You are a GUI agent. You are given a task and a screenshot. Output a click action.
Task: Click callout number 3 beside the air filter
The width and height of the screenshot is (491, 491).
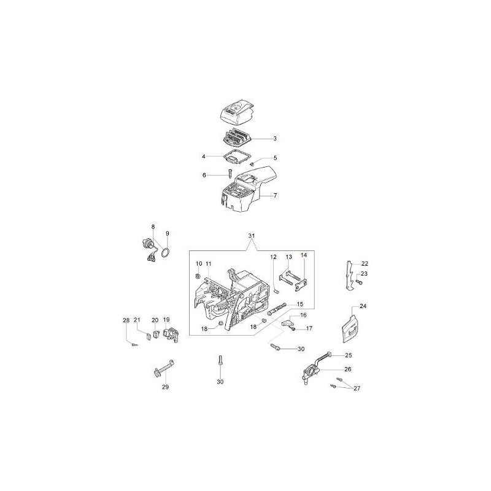tap(275, 139)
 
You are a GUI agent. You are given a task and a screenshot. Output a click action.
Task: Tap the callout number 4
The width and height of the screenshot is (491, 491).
tap(204, 157)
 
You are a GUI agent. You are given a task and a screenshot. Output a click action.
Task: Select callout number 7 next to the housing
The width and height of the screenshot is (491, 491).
tap(275, 196)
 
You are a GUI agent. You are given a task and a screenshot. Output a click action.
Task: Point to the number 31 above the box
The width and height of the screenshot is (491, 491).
tap(252, 236)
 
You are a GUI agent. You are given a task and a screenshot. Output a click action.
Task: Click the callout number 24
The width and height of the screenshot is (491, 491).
tap(363, 306)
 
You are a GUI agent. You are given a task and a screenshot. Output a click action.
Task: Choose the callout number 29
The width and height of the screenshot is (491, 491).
tap(165, 387)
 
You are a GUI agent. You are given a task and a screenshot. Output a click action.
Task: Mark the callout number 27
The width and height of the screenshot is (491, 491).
tap(357, 389)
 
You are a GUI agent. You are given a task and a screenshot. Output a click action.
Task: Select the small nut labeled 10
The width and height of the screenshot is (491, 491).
tap(198, 276)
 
